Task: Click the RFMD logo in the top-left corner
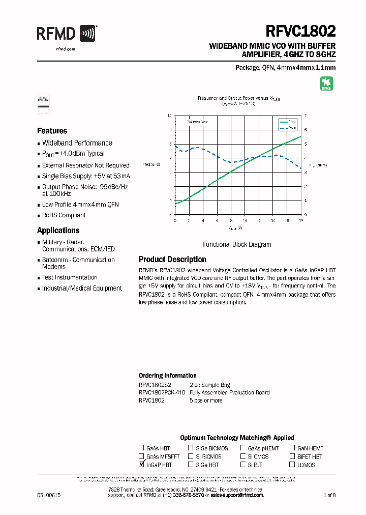pyautogui.click(x=66, y=34)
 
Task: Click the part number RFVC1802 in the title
pyautogui.click(x=300, y=31)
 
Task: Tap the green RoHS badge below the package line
pyautogui.click(x=326, y=84)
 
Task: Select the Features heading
pyautogui.click(x=52, y=131)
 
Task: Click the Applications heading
pyautogui.click(x=58, y=230)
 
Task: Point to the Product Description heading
pyautogui.click(x=172, y=259)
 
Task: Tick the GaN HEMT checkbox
pyautogui.click(x=292, y=448)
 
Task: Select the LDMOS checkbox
pyautogui.click(x=292, y=465)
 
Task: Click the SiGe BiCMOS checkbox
pyautogui.click(x=191, y=448)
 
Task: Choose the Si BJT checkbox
pyautogui.click(x=243, y=465)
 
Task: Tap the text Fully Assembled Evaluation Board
pyautogui.click(x=229, y=392)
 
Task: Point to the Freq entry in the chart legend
pyautogui.click(x=287, y=122)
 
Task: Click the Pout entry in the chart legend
pyautogui.click(x=287, y=128)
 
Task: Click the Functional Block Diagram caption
pyautogui.click(x=237, y=244)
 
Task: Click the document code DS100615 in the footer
pyautogui.click(x=49, y=495)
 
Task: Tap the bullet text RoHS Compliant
pyautogui.click(x=64, y=215)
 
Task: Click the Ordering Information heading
pyautogui.click(x=167, y=376)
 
